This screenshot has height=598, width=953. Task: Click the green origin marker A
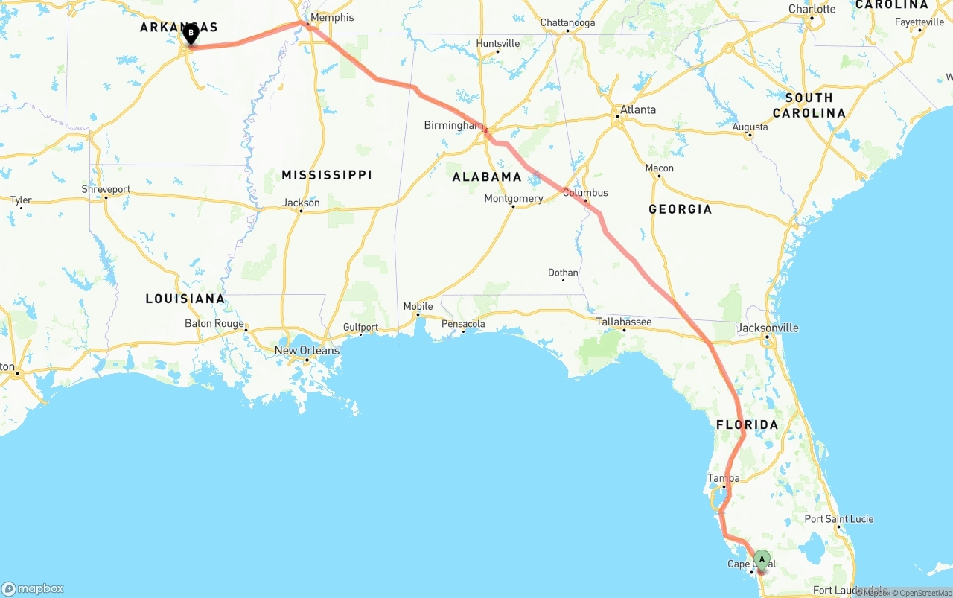coord(762,560)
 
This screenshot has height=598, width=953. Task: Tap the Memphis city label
coord(332,17)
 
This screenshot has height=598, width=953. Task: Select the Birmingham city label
coord(453,125)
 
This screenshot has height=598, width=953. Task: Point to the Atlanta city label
coord(638,109)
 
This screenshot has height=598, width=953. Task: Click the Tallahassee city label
coord(624,322)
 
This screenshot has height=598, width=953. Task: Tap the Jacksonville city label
coord(768,328)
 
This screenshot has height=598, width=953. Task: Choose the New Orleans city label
coord(307,350)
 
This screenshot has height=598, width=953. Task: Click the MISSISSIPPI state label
coord(327,175)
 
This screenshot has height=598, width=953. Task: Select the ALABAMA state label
coord(487,177)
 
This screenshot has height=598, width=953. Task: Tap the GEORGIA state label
coord(680,209)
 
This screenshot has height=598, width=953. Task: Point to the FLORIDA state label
coord(747,424)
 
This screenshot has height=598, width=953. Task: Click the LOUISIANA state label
coord(185,299)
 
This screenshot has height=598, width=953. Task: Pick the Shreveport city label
coord(106,189)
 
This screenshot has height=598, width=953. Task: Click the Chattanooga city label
coord(567,22)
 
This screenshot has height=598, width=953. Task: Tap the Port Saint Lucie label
coord(839,518)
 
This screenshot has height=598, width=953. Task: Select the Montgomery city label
coord(513,198)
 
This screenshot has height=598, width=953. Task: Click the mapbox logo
coord(33,588)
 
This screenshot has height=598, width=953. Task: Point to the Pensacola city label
coord(463,324)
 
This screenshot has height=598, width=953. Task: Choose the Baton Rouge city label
coord(214,323)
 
